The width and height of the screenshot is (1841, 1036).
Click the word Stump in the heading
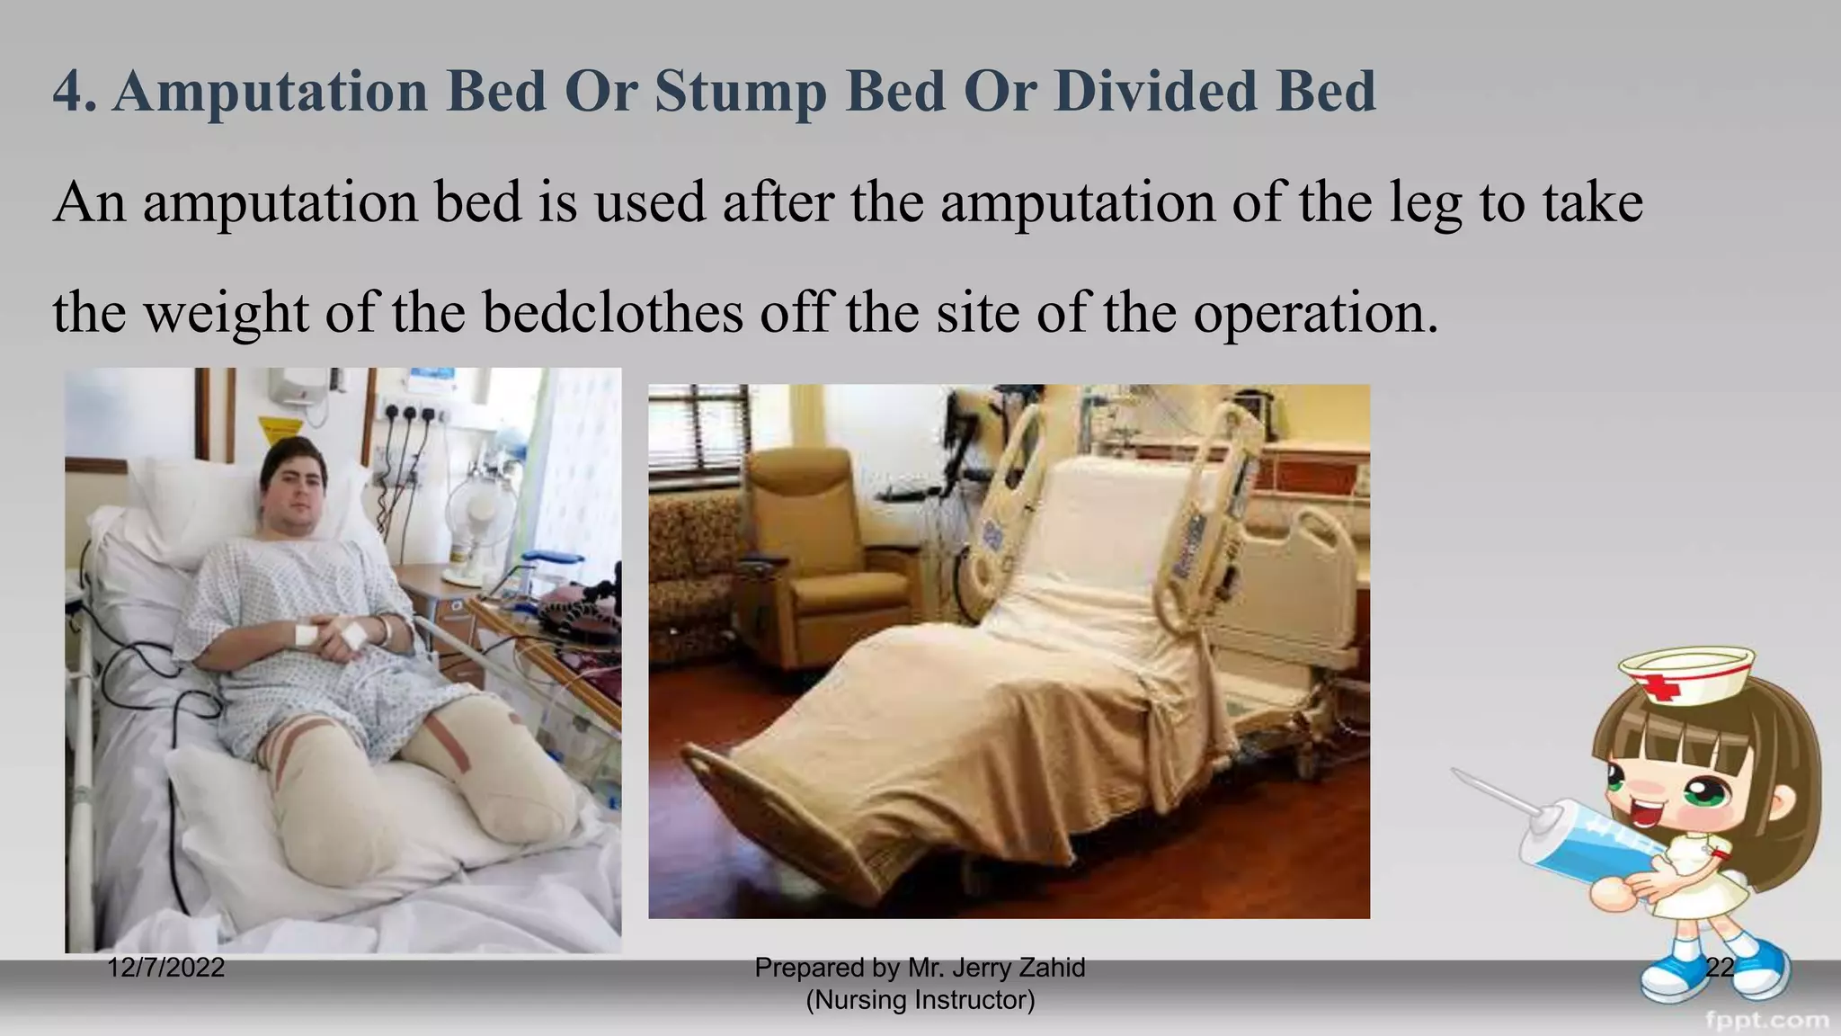[740, 92]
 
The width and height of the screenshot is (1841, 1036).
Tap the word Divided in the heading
[1154, 92]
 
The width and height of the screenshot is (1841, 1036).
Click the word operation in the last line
[1315, 313]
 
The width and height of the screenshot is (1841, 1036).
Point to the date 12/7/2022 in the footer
[165, 968]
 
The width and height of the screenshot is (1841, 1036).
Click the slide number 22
[1719, 968]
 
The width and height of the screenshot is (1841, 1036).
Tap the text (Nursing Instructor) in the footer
[920, 1000]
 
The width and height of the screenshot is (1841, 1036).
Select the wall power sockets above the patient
[414, 414]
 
